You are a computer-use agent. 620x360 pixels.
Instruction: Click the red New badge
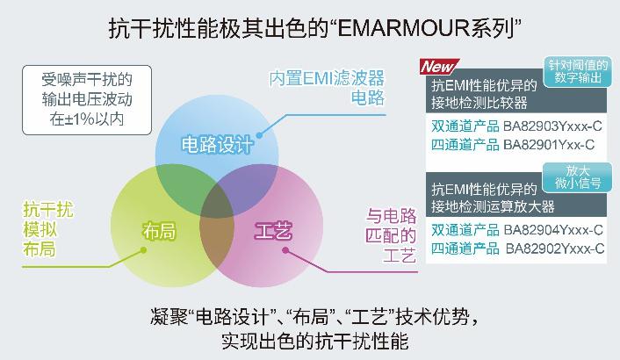pos(439,67)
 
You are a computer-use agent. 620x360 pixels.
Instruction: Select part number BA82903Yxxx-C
pos(552,126)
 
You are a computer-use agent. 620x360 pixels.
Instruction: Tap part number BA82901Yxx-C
pos(549,145)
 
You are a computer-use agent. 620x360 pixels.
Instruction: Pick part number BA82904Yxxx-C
pos(553,230)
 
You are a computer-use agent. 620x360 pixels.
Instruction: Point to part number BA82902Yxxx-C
pos(555,248)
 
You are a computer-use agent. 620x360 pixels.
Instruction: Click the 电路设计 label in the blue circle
pos(217,145)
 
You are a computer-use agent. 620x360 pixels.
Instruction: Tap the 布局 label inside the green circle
pos(159,231)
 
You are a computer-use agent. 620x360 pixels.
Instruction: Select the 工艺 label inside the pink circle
pos(273,231)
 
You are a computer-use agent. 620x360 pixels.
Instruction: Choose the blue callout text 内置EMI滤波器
pos(327,78)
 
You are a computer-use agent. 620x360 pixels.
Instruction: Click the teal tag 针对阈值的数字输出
pos(578,71)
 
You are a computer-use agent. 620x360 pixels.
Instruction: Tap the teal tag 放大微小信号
pos(578,177)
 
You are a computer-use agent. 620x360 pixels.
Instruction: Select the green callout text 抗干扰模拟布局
pos(47,229)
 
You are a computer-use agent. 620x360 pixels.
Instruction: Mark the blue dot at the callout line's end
pos(259,135)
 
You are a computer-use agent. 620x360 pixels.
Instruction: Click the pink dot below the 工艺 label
pos(285,250)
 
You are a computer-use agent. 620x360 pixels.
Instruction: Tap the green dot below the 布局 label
pos(143,249)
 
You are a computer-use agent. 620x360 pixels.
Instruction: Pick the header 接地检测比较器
pos(479,103)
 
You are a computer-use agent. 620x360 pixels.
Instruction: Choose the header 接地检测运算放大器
pos(493,206)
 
